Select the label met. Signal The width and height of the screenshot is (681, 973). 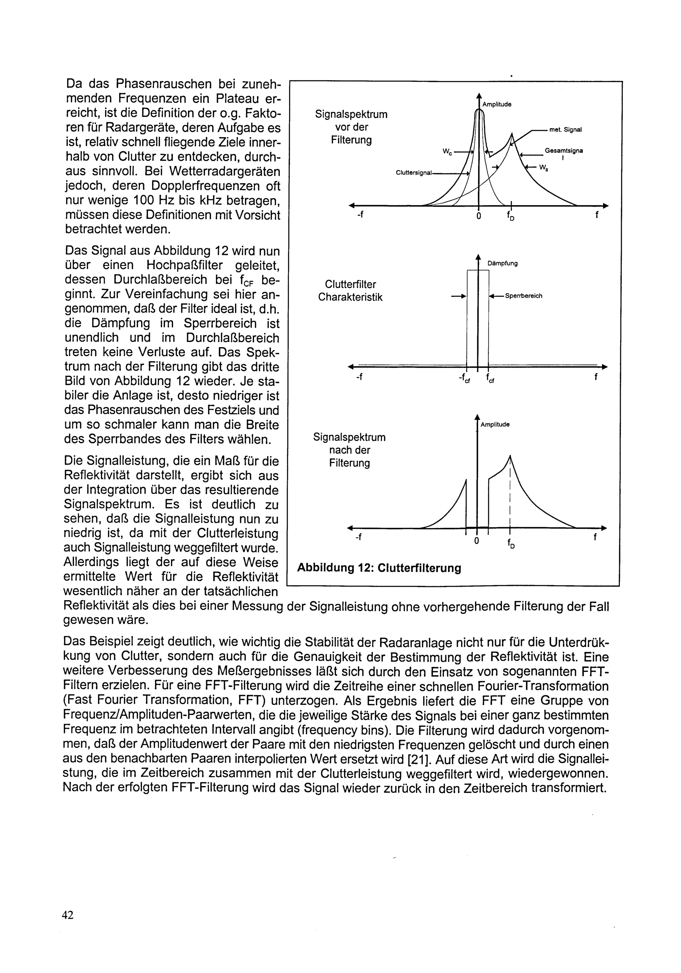[565, 130]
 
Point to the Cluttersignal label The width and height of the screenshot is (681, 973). [413, 173]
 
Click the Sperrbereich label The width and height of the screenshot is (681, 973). [523, 296]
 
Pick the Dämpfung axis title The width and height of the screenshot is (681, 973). [503, 263]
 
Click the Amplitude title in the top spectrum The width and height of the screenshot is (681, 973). [497, 104]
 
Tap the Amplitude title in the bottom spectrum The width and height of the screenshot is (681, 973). [495, 424]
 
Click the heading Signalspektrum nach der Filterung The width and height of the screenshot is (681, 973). [349, 450]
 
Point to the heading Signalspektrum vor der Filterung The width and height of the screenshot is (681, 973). [351, 127]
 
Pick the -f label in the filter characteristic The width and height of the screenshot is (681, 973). [359, 377]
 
